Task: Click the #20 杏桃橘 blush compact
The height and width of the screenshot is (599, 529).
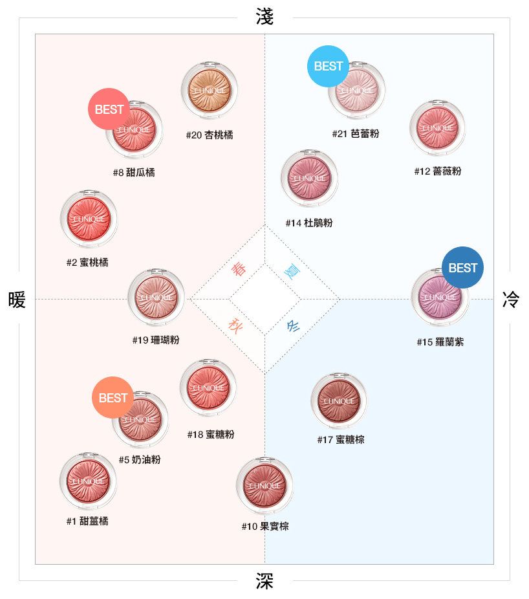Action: [x=210, y=91]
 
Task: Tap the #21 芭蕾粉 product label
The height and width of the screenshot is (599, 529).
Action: [x=356, y=134]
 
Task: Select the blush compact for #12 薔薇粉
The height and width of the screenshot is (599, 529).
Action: [x=438, y=128]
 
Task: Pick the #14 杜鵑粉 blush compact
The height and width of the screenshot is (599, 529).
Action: [x=309, y=178]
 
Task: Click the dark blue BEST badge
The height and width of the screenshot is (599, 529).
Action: [x=462, y=267]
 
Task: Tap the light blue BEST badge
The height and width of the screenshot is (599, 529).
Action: [x=328, y=66]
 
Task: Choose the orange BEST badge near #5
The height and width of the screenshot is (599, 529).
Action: [x=113, y=397]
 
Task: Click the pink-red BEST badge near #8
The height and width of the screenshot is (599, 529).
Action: [x=109, y=109]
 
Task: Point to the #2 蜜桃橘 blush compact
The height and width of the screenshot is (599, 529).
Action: [x=89, y=219]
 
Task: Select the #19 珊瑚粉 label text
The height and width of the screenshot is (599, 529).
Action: [x=156, y=340]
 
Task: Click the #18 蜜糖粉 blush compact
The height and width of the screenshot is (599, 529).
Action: [x=208, y=387]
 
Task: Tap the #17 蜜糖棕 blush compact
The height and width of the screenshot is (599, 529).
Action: [x=339, y=401]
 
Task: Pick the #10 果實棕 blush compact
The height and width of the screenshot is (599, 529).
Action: [x=264, y=486]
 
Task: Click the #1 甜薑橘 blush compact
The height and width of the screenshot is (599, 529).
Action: [x=88, y=481]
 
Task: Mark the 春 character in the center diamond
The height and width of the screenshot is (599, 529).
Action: [x=239, y=269]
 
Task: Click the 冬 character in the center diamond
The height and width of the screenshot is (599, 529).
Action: [x=293, y=326]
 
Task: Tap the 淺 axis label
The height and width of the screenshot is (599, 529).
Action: [x=264, y=17]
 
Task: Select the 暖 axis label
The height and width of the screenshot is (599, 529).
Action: [x=17, y=299]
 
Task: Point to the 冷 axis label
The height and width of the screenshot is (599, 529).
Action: [x=511, y=299]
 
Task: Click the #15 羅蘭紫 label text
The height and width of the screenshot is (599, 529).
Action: [x=440, y=342]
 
